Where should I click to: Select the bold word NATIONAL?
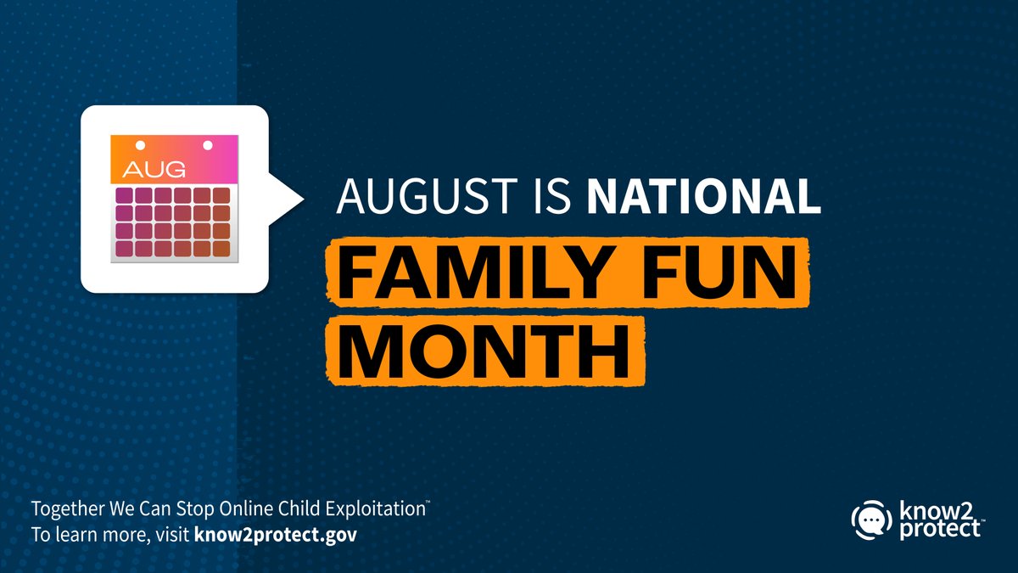703,196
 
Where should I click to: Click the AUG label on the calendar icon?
154,168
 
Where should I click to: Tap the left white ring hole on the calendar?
141,144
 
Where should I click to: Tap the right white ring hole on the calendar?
206,144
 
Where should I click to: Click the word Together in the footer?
63,511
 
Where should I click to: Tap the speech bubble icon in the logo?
866,518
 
